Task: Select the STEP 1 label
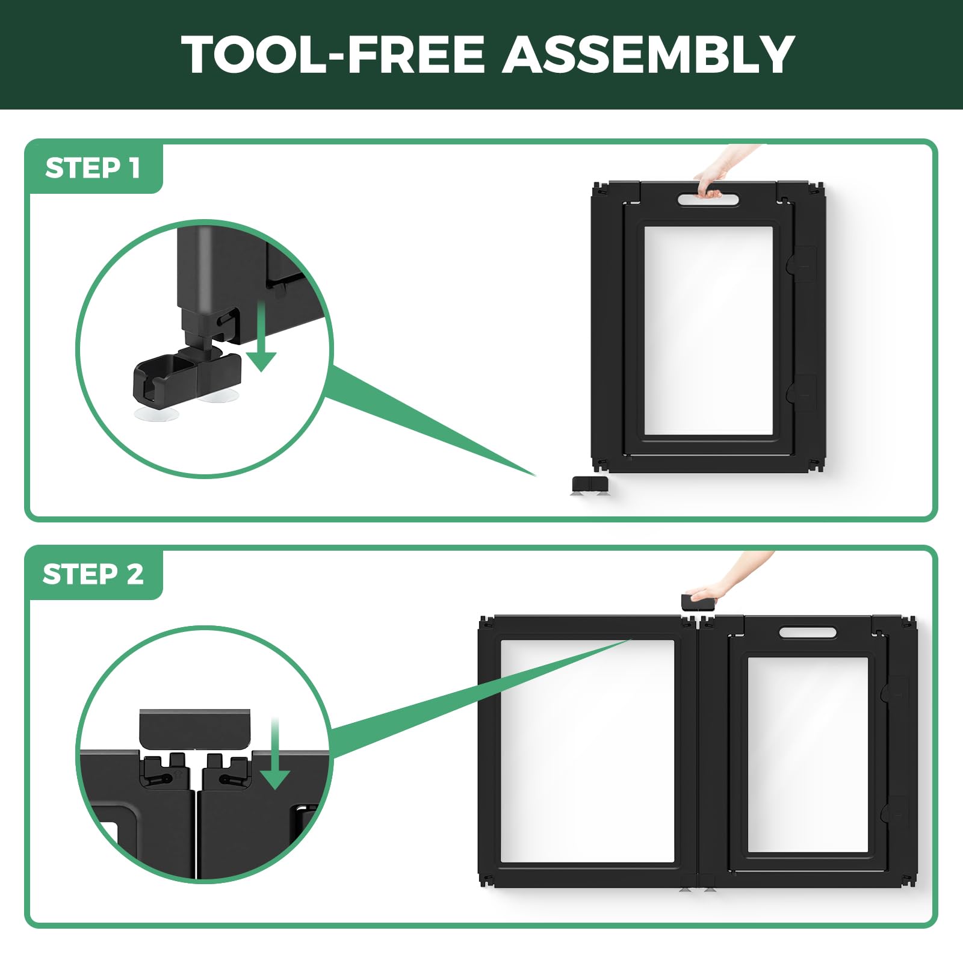click(93, 168)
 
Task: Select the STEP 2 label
click(93, 574)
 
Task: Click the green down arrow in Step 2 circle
click(276, 753)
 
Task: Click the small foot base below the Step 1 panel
click(590, 485)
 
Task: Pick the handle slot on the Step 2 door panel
click(808, 633)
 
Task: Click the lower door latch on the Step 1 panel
click(802, 392)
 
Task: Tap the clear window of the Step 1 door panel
click(708, 330)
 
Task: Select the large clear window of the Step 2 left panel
click(587, 751)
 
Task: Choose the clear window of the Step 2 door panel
click(808, 755)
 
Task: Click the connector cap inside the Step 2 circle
click(195, 728)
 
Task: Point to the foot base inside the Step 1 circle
click(187, 376)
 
